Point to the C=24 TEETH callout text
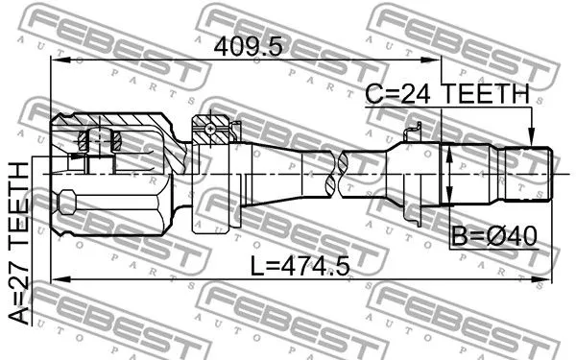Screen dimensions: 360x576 (x=446, y=94)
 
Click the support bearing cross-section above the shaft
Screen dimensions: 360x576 (x=210, y=130)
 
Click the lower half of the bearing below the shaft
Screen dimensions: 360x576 (x=210, y=223)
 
